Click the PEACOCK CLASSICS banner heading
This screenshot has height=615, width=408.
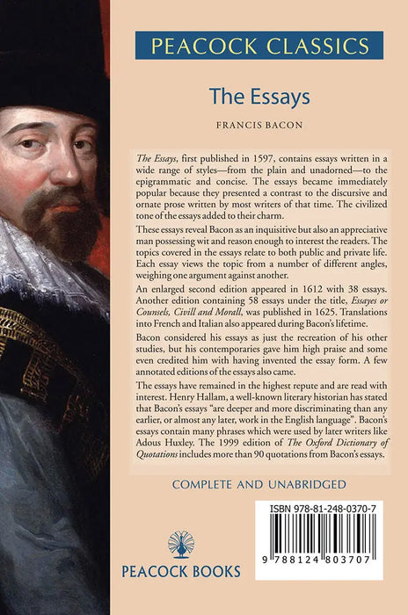pyautogui.click(x=259, y=45)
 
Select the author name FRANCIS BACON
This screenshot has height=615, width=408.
pyautogui.click(x=259, y=125)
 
